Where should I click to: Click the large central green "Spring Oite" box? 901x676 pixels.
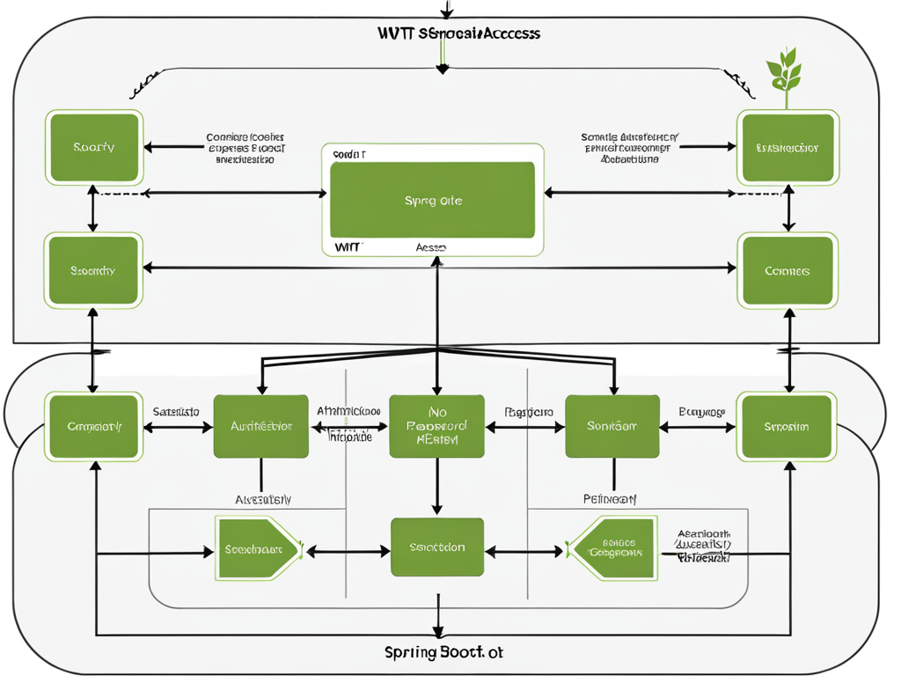click(432, 201)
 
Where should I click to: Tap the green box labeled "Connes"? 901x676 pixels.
click(787, 270)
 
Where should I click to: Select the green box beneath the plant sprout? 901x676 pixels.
click(787, 147)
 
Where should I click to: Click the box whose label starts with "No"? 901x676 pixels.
click(436, 426)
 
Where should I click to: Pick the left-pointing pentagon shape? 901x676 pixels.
click(613, 549)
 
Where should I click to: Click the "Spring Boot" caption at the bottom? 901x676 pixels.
click(444, 653)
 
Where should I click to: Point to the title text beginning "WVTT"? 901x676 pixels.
click(458, 33)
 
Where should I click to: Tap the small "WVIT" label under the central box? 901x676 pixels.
click(348, 247)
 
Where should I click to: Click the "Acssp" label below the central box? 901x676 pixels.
click(430, 247)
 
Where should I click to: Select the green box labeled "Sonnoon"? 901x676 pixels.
click(612, 426)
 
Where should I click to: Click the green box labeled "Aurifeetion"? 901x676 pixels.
click(260, 426)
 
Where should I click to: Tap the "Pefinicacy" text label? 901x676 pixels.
click(610, 499)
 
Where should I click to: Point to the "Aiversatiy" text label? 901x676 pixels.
click(262, 499)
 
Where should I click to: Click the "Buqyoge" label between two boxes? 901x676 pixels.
click(701, 411)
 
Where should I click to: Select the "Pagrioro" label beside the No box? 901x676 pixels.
click(528, 411)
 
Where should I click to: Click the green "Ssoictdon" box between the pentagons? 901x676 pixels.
click(436, 547)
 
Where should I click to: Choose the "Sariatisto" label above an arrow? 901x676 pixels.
click(176, 411)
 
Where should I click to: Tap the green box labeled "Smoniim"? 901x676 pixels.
click(787, 426)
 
